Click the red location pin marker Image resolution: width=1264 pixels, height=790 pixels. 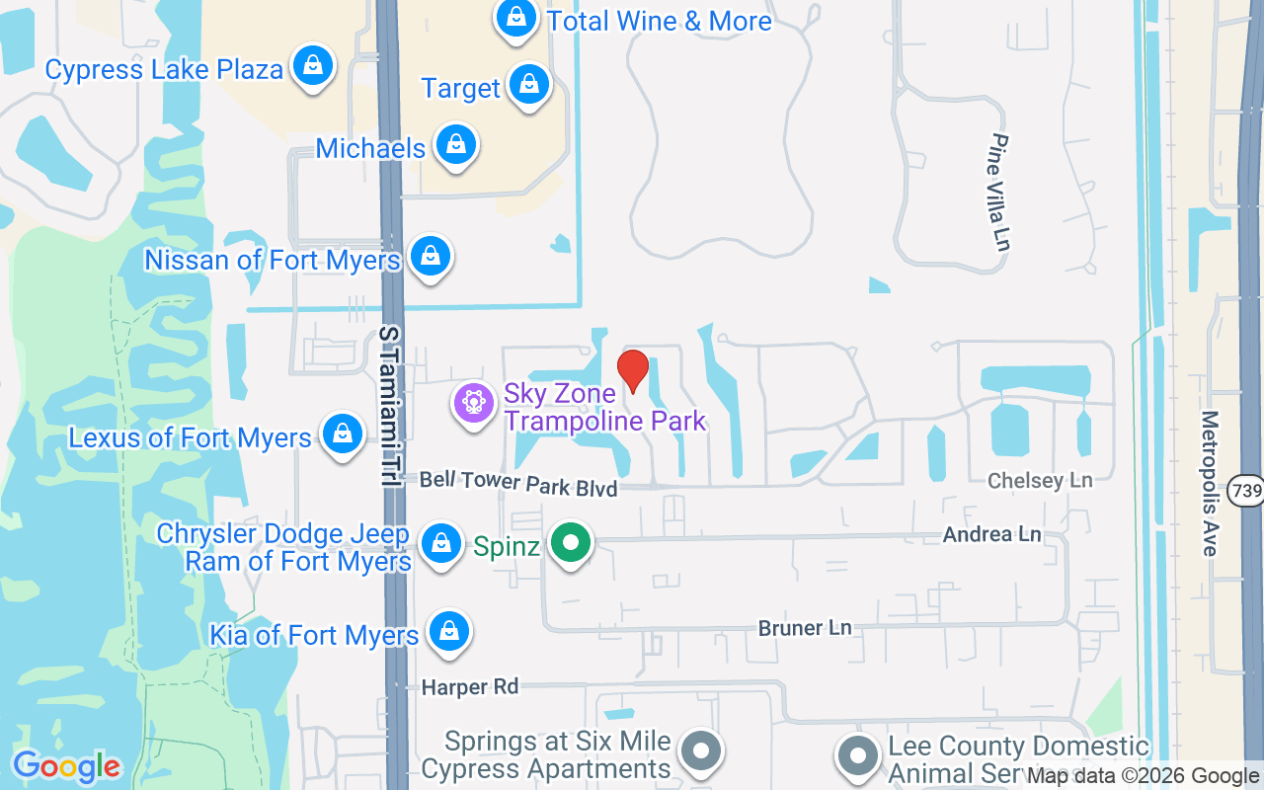pos(632,370)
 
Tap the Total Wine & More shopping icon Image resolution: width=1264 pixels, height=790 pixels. pos(515,18)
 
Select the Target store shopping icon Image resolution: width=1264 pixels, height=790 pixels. pos(529,86)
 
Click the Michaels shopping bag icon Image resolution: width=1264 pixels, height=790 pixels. pos(455,144)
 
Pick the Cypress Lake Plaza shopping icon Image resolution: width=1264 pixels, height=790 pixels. pos(313,66)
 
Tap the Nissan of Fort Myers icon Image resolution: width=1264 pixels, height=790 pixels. pos(430,257)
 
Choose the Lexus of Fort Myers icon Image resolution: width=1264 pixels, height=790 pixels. pos(342,434)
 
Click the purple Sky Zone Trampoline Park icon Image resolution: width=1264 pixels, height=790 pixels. pos(474,403)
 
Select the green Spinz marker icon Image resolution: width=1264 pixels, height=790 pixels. pos(570,543)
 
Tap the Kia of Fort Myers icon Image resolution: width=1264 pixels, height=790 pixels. pos(449,630)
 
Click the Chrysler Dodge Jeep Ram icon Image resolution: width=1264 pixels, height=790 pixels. pos(440,544)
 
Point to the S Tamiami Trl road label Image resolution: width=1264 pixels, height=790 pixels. pos(388,405)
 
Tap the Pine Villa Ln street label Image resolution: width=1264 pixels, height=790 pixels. pos(1001,192)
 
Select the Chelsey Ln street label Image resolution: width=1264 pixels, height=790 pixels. pos(1040,481)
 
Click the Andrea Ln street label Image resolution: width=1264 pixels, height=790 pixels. pos(991,534)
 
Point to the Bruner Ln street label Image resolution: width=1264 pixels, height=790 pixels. pos(804,628)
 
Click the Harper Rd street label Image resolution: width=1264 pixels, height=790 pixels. pos(469,686)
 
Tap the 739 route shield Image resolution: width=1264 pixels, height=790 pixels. pos(1244,490)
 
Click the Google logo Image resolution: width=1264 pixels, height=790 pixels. pos(66,766)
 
